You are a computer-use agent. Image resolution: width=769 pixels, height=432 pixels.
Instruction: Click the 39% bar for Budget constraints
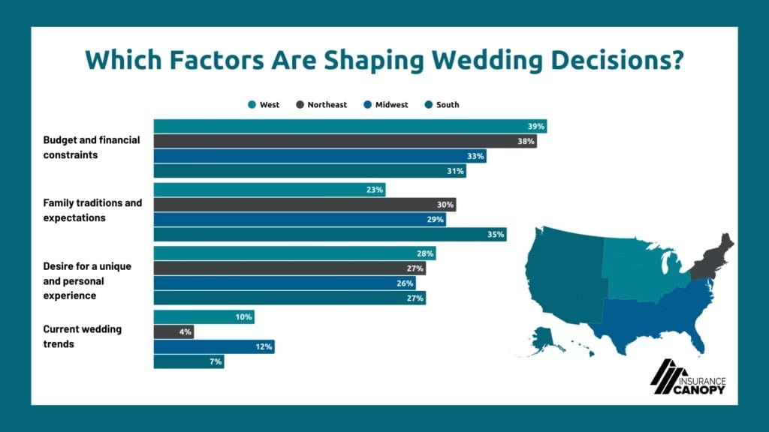pos(349,127)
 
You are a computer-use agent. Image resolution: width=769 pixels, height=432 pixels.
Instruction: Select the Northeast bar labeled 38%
pos(345,141)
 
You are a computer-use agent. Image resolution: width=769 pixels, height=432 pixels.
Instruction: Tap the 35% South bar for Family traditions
pos(330,234)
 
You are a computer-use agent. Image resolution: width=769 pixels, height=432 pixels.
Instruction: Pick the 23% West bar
pos(269,190)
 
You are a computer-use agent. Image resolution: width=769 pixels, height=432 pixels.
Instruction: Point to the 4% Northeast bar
pos(173,331)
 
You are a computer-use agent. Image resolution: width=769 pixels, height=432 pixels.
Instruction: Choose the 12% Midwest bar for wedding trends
pos(213,346)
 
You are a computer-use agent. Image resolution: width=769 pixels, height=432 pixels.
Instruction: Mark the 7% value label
pos(215,361)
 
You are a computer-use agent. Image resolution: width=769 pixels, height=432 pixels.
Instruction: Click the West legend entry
pos(264,105)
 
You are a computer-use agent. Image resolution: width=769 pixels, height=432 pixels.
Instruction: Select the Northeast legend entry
pos(321,105)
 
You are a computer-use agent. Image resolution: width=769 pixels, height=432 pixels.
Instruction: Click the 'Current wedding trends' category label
pos(83,337)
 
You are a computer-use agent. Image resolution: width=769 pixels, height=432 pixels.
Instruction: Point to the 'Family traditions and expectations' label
pos(92,210)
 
